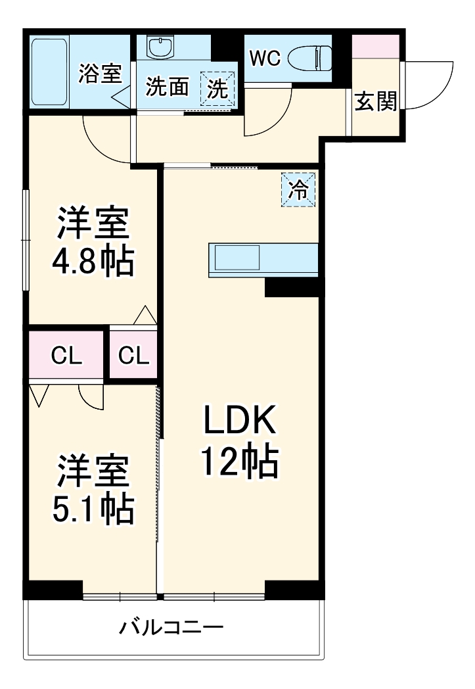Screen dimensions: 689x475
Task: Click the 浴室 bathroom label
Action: coord(100,73)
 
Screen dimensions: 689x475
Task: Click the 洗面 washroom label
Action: coord(167,87)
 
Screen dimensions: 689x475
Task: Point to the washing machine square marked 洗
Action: coord(217,87)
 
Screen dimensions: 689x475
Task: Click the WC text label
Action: coord(265,58)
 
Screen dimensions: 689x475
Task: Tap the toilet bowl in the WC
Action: coord(309,57)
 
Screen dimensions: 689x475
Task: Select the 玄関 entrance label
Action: coord(376,102)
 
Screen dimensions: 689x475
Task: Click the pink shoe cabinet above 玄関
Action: coord(376,45)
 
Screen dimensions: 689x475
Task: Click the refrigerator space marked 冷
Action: coord(299,190)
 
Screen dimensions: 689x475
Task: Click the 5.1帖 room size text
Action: coord(93,508)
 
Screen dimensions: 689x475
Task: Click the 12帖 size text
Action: coord(239,462)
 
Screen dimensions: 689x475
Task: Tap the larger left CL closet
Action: coord(67,356)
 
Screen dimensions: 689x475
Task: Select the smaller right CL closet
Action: coord(134,356)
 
